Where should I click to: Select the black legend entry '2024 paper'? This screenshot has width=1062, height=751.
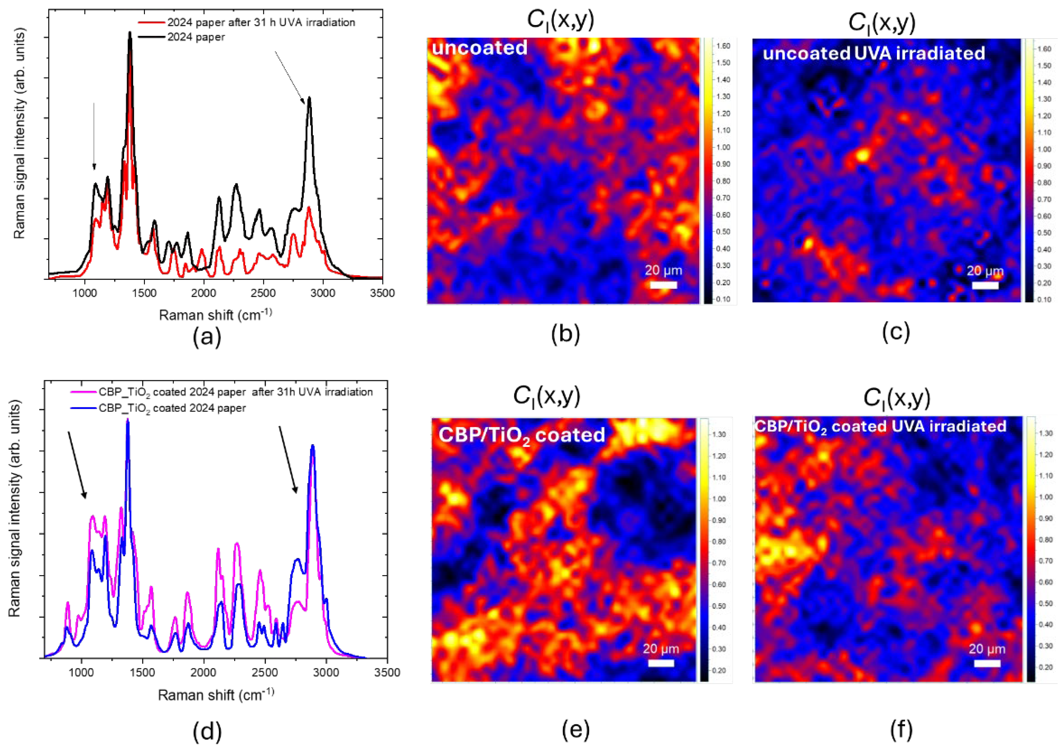click(x=196, y=37)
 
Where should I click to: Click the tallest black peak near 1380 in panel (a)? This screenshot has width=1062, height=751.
click(x=130, y=33)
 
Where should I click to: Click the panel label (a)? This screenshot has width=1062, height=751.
click(x=207, y=337)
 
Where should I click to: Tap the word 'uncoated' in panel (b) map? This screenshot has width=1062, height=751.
click(x=480, y=48)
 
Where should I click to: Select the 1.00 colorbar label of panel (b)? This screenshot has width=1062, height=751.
click(x=723, y=147)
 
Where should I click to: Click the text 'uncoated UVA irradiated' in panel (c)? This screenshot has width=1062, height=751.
click(x=874, y=53)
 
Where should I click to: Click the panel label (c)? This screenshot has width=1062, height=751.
click(x=896, y=332)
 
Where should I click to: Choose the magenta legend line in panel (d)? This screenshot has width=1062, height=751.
click(x=84, y=392)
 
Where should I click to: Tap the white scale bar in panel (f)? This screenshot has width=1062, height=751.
click(x=987, y=664)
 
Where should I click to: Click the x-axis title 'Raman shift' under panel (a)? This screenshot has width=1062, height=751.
click(x=216, y=315)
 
